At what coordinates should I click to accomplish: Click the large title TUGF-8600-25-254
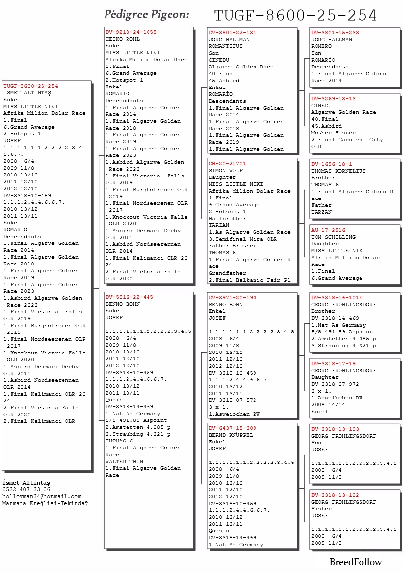tap(296, 16)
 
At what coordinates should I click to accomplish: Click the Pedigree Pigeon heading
tap(147, 15)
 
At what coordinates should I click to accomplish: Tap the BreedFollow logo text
tap(355, 562)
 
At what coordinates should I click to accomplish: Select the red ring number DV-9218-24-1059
tap(131, 32)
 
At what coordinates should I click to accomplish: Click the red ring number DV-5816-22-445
tap(129, 297)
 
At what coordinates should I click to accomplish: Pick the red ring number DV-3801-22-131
tap(232, 33)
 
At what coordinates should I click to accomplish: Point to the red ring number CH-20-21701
tap(227, 164)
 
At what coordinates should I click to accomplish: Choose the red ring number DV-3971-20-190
tap(232, 298)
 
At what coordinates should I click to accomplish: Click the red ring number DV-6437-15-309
tap(232, 428)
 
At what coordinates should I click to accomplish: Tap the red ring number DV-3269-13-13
tap(333, 99)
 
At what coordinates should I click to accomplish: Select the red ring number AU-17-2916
tap(328, 230)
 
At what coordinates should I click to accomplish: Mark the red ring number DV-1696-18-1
tap(331, 164)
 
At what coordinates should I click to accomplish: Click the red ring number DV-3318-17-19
tap(333, 364)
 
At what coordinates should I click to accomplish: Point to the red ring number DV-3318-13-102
tap(335, 495)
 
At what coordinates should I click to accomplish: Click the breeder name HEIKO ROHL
tap(122, 39)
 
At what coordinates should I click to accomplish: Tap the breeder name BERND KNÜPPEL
tap(231, 435)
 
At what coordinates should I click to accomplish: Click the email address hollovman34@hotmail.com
tap(42, 496)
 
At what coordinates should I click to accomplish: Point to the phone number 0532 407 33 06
tap(26, 489)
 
